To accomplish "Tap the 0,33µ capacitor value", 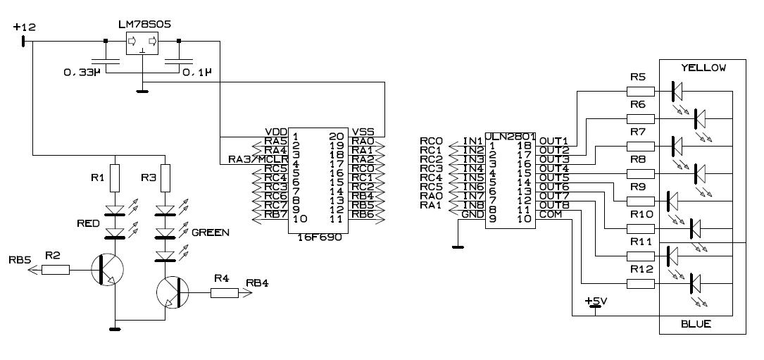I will point(84,72).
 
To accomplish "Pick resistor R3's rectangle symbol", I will point(166,176).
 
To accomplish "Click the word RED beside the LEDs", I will point(89,223).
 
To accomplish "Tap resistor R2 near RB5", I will point(56,268).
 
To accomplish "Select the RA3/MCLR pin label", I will point(254,159).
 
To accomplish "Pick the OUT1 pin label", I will point(553,141).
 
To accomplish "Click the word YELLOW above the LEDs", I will point(701,68).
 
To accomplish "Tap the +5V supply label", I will point(596,301).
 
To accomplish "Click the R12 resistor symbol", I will point(641,285).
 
